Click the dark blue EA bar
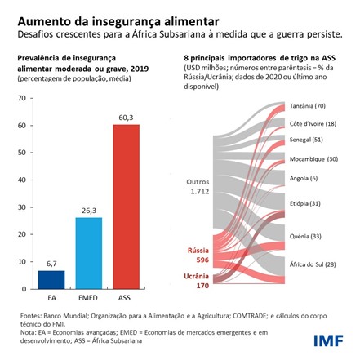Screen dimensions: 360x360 click(x=51, y=279)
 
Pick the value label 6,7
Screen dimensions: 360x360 click(x=51, y=264)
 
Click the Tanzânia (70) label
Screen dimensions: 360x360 click(x=309, y=106)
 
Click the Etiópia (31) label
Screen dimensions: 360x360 click(x=306, y=202)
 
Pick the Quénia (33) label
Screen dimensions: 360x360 click(x=305, y=235)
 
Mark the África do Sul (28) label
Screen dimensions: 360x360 click(x=313, y=264)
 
